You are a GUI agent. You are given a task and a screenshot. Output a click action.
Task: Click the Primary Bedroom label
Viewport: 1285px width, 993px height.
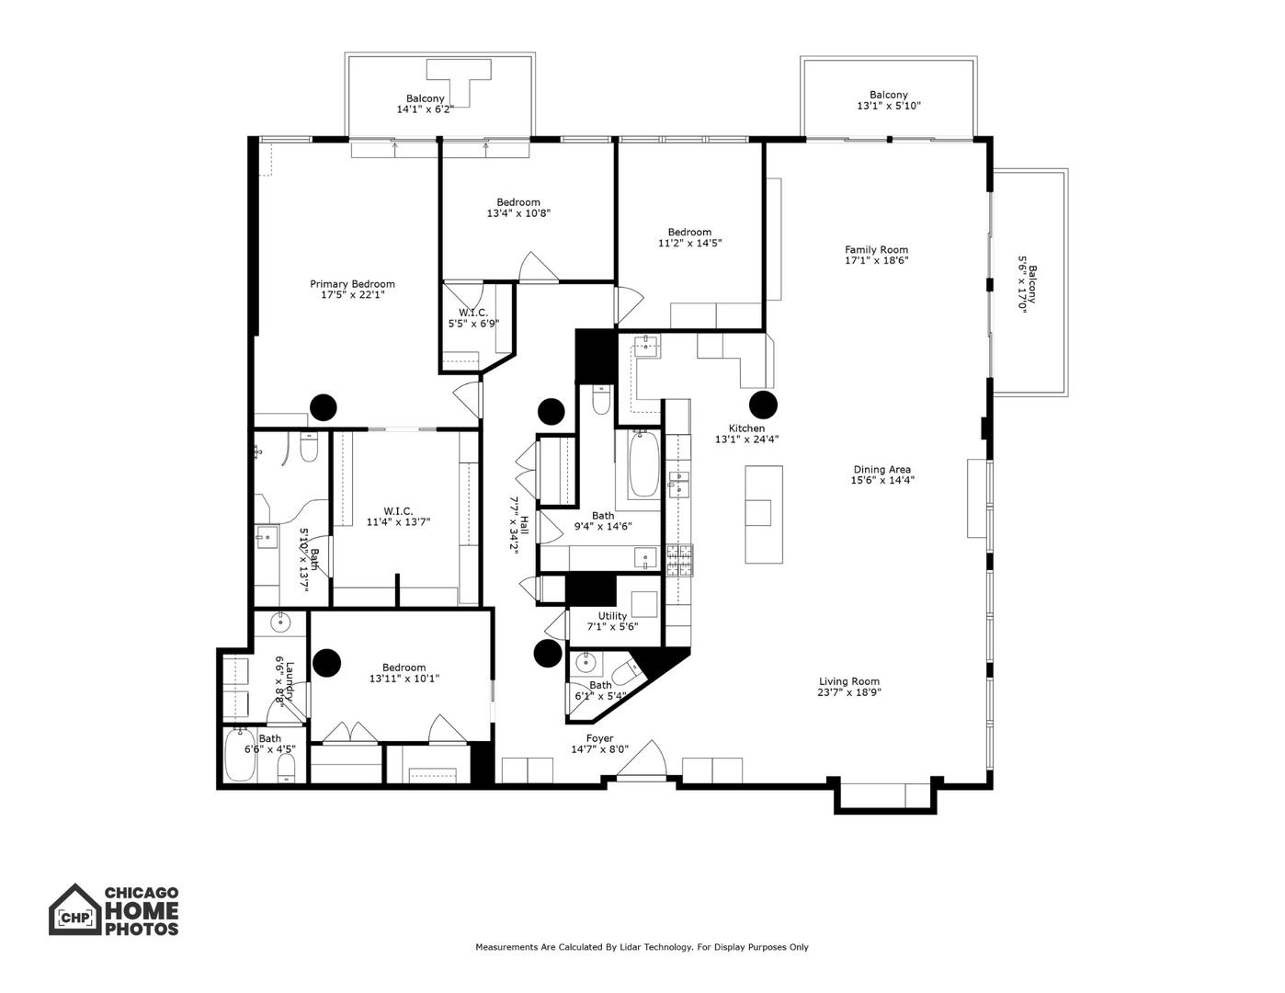coord(352,284)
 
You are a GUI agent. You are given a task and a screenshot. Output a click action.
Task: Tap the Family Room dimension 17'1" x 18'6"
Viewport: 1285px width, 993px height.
coord(876,260)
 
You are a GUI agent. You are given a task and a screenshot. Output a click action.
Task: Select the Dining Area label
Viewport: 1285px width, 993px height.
coord(881,470)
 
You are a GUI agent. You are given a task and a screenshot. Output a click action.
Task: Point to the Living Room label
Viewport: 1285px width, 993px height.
coord(849,681)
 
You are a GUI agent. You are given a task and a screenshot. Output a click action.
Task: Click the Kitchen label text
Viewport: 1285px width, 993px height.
coord(746,428)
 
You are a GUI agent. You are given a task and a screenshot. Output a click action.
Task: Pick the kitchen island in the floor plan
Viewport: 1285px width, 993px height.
coord(763,514)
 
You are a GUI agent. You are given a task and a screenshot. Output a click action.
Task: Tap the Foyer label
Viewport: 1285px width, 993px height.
coord(599,738)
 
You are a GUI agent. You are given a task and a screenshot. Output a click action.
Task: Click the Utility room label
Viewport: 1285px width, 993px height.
coord(612,616)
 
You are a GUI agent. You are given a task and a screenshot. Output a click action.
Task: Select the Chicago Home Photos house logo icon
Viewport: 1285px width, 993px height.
coord(74,910)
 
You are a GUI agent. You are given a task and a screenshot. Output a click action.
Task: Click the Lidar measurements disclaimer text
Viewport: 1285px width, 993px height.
coord(642,947)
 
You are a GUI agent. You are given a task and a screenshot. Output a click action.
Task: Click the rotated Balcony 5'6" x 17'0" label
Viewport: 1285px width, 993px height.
coord(1027,284)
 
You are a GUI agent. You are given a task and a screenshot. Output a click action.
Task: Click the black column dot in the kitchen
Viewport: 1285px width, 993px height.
coord(763,405)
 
